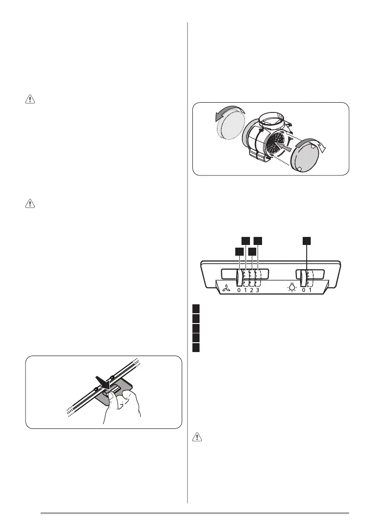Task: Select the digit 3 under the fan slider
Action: [258, 290]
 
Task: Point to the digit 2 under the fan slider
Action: [251, 290]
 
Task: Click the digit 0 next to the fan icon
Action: [239, 290]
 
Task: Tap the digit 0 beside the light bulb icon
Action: [304, 290]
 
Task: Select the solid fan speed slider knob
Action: [239, 278]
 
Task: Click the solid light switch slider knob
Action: [304, 278]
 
